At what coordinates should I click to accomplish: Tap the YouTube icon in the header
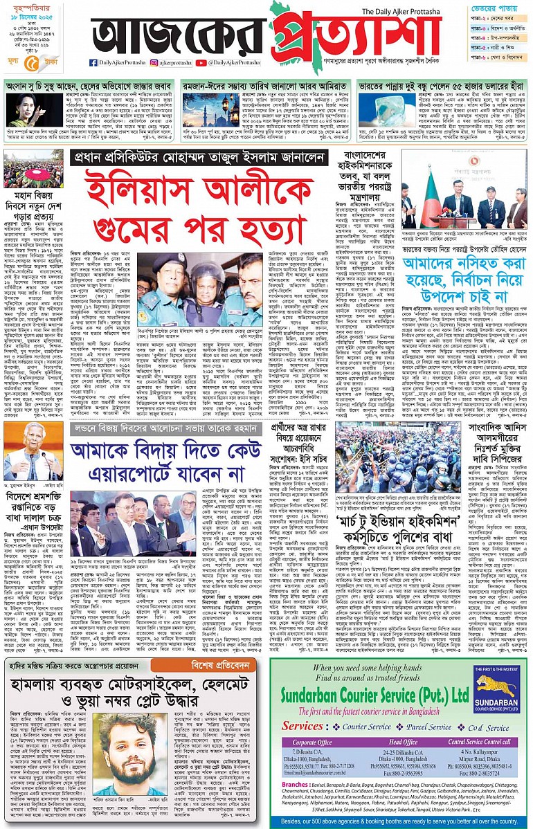201,63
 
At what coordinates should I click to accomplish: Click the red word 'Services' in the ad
302,726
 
